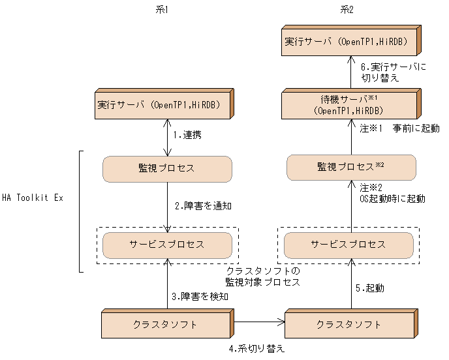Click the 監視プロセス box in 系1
click(168, 168)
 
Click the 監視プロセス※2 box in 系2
click(351, 168)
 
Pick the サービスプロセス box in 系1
click(168, 245)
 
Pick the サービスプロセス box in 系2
click(349, 245)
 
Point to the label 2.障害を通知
click(203, 205)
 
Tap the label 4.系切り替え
click(257, 348)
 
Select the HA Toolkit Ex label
click(32, 197)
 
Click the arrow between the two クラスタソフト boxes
click(258, 321)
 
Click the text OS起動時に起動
click(392, 198)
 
